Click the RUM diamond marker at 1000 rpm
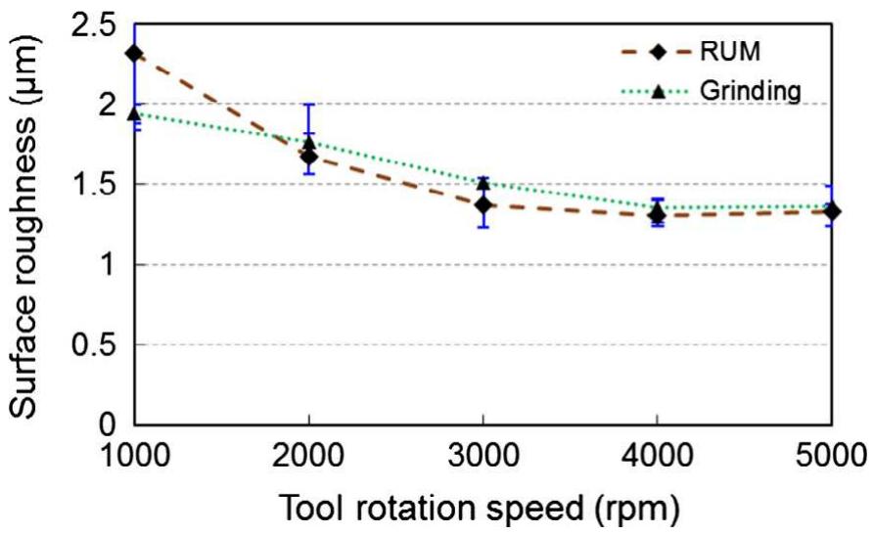point(135,53)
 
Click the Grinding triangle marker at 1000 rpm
point(135,113)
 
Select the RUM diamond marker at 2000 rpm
point(309,156)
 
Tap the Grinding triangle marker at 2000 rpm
point(309,143)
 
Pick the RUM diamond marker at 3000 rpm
point(482,204)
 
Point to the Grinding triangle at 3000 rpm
point(482,183)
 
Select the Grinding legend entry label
point(751,91)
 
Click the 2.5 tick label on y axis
point(92,23)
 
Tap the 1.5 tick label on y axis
point(92,184)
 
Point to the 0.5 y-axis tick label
point(92,344)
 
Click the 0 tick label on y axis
point(110,425)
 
